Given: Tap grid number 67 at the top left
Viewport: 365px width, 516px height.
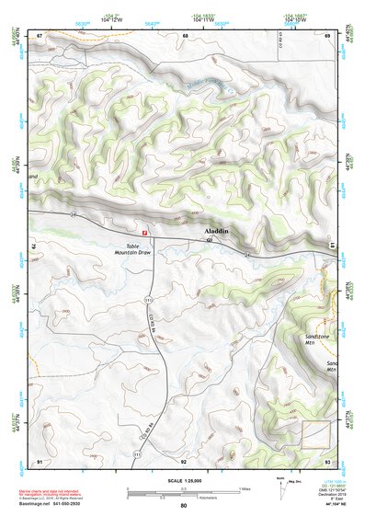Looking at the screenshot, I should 40,35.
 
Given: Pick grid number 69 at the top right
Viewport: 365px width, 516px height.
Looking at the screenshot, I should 327,35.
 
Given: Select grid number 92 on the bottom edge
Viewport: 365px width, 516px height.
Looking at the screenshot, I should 184,461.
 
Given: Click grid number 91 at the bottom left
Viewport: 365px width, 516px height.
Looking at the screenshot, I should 40,461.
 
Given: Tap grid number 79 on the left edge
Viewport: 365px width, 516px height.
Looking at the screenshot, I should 38,247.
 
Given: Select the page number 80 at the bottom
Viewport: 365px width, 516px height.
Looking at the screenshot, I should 183,506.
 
